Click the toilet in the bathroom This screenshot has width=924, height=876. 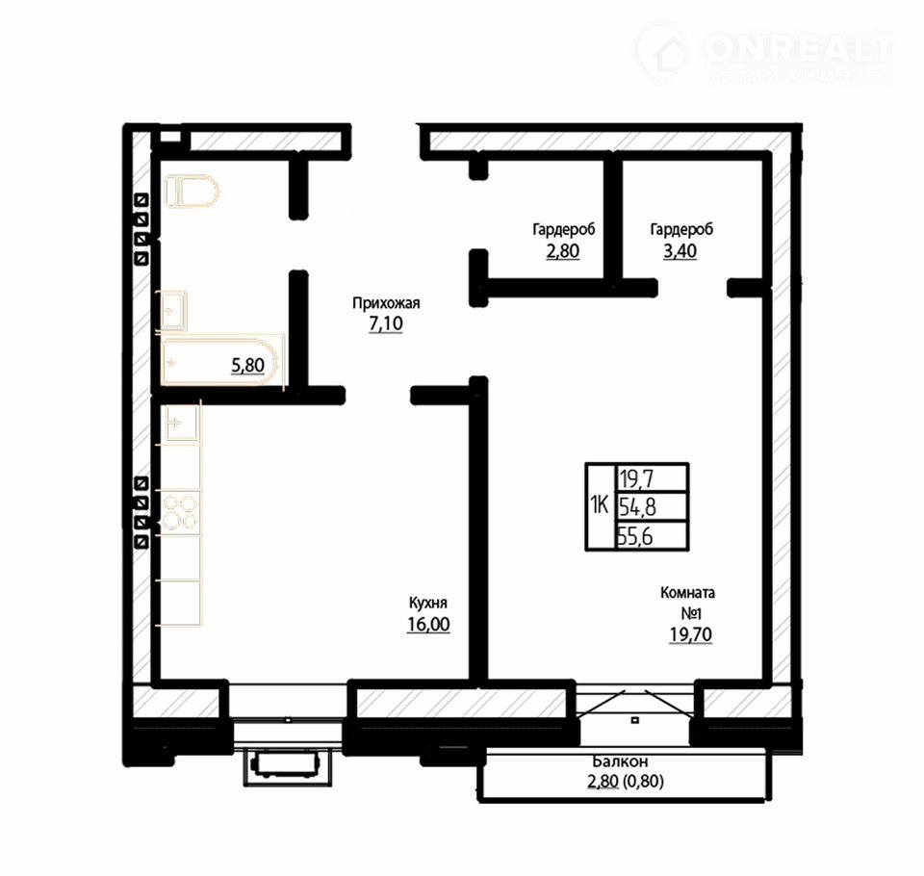tap(192, 192)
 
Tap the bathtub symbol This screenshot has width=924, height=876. tap(221, 362)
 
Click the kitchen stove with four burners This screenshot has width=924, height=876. tap(180, 512)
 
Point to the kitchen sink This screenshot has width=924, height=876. tap(181, 423)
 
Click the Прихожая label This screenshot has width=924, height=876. tap(386, 303)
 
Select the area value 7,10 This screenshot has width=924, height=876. tap(386, 323)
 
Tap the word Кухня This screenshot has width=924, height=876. tap(427, 603)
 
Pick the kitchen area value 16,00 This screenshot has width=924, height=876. tap(428, 624)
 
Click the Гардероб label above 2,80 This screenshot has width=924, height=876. tap(563, 229)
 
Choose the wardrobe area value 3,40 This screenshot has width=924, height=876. tap(680, 251)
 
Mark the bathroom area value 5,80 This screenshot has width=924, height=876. tap(247, 366)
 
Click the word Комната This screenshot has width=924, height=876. tap(687, 592)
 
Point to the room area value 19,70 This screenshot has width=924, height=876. tap(690, 634)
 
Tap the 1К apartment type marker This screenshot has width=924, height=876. tap(600, 505)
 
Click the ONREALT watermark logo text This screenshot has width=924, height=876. tap(799, 48)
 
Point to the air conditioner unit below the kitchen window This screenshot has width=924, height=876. tap(288, 767)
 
